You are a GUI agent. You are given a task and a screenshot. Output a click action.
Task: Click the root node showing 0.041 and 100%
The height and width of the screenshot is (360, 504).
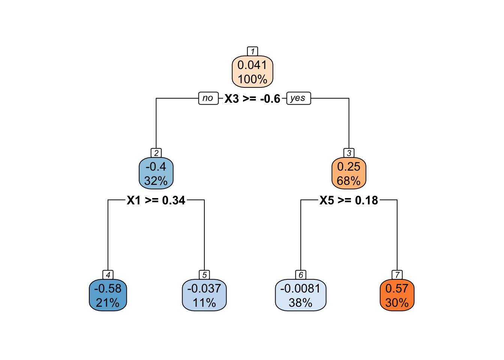pos(252,72)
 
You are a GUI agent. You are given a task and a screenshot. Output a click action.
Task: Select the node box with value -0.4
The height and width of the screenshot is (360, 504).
pos(156,173)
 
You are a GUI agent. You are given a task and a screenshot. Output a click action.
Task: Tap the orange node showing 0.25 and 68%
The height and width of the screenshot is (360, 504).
pos(349,173)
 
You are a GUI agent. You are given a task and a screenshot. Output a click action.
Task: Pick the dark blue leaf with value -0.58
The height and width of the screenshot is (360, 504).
pos(108,295)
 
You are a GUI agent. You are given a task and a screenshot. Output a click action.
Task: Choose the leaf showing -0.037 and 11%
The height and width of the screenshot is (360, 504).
pos(204,295)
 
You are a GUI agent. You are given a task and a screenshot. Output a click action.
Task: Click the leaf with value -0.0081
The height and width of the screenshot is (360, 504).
pos(301,295)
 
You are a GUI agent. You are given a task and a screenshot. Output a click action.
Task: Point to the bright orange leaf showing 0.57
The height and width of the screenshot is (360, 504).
pos(397,295)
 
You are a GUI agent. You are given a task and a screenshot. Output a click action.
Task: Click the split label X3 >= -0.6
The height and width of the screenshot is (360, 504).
pos(252,99)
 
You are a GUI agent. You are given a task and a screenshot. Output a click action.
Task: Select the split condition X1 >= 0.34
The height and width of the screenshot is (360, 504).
pos(156,200)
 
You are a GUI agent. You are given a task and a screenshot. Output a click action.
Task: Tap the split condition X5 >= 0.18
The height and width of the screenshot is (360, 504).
pos(349,200)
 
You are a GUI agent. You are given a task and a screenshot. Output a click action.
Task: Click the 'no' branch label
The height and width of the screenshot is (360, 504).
pos(208,98)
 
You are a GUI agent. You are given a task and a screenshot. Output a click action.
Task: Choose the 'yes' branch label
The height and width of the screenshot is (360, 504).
pos(298,98)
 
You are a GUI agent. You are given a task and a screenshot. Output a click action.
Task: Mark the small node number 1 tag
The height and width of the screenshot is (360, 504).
pos(252,51)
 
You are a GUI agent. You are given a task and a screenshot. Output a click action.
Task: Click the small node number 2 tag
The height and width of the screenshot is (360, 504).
pos(156,153)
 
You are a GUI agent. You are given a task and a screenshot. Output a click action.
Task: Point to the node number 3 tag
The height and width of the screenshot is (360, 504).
pos(349,153)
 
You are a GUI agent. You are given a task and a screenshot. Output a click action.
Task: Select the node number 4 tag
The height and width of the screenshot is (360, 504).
pos(108,275)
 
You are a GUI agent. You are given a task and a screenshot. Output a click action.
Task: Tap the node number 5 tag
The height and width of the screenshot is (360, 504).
pos(204,275)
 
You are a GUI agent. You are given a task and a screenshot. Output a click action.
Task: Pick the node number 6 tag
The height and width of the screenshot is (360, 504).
pos(301,275)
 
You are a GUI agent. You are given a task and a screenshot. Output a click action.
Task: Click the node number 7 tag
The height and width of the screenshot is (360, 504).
pos(397,275)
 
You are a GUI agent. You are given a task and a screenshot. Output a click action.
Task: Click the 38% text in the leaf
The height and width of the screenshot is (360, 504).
pos(301,303)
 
